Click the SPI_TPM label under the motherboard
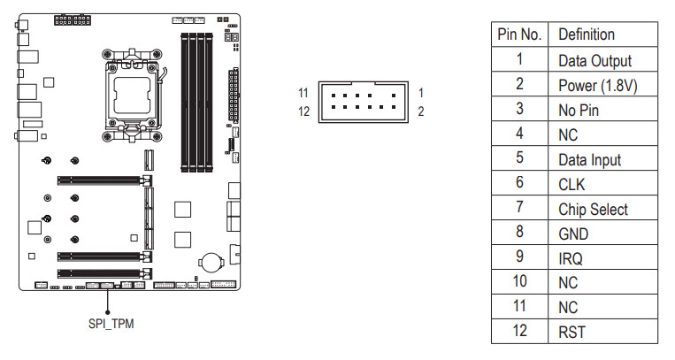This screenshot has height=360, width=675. (x=111, y=324)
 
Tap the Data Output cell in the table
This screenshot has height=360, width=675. (x=602, y=59)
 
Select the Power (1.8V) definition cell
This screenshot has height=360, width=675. (x=602, y=84)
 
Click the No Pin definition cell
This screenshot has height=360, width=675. (x=602, y=109)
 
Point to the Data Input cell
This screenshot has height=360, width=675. (x=602, y=158)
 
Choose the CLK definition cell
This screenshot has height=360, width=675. (x=602, y=183)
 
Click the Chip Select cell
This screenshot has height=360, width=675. (x=602, y=208)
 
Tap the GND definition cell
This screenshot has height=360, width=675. (x=602, y=233)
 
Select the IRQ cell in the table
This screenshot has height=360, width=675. (x=602, y=257)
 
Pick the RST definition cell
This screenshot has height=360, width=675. (x=602, y=331)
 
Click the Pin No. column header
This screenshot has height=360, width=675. (x=519, y=34)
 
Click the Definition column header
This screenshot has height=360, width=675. (x=602, y=34)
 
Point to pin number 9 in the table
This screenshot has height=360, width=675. (x=519, y=257)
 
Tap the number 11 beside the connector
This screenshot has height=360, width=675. (x=303, y=93)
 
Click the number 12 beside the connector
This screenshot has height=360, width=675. (x=303, y=111)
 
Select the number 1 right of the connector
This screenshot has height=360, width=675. (x=420, y=93)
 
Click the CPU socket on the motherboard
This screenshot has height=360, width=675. (x=132, y=96)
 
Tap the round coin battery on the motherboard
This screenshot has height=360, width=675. (x=211, y=262)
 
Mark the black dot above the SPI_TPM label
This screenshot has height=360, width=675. (x=108, y=312)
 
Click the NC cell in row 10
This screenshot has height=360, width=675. (x=602, y=282)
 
